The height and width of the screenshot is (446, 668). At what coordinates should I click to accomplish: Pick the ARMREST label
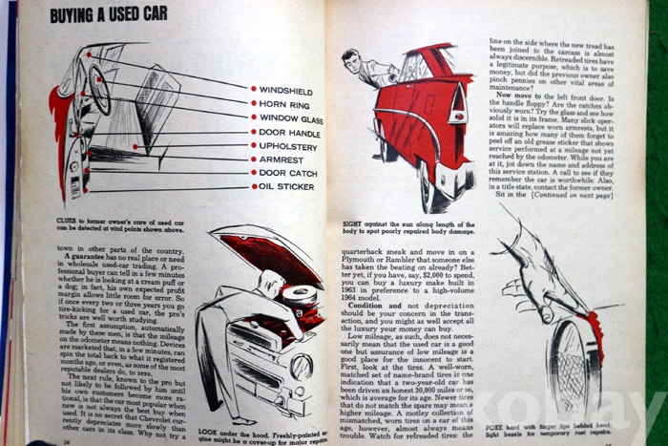pos(282,159)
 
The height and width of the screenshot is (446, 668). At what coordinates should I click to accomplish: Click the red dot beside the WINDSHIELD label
pos(254,88)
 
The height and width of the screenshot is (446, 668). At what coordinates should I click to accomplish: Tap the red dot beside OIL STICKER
pos(254,186)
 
